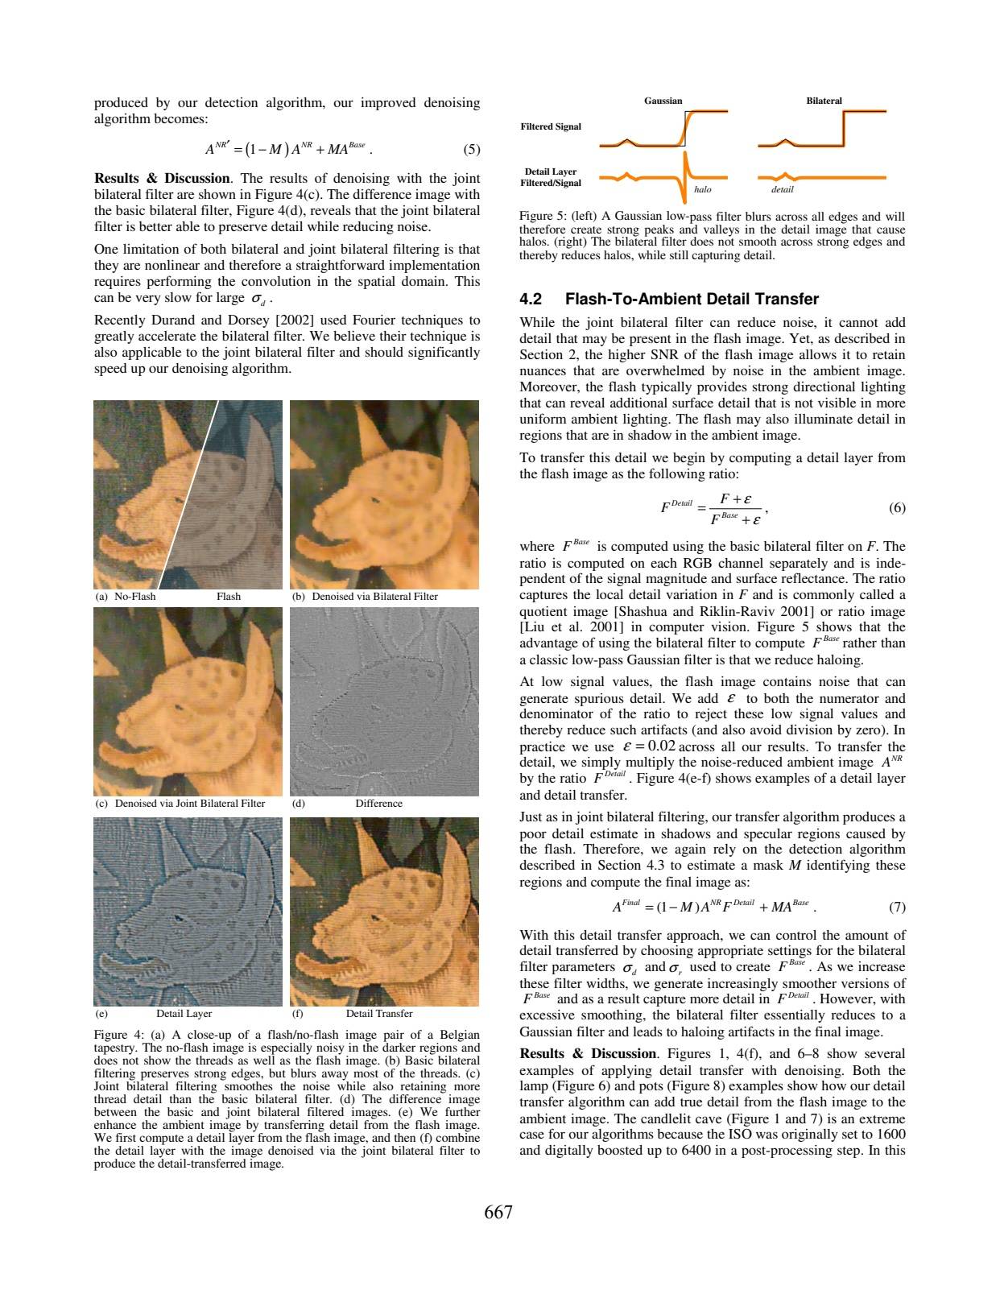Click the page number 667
pos(498,1213)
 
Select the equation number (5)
pos(472,149)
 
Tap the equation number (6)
pos(897,508)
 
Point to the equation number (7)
pos(897,908)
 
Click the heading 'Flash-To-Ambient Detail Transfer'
pos(692,300)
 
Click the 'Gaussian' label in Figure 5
pos(663,101)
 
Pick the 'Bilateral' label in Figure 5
pos(824,101)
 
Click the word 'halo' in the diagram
pos(702,189)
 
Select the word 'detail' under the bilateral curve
pos(782,189)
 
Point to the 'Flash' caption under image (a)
pos(229,597)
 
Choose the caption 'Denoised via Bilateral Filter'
pos(374,597)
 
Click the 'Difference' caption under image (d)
pos(378,804)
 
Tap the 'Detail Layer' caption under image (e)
pos(184,1014)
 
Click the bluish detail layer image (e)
pos(188,911)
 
